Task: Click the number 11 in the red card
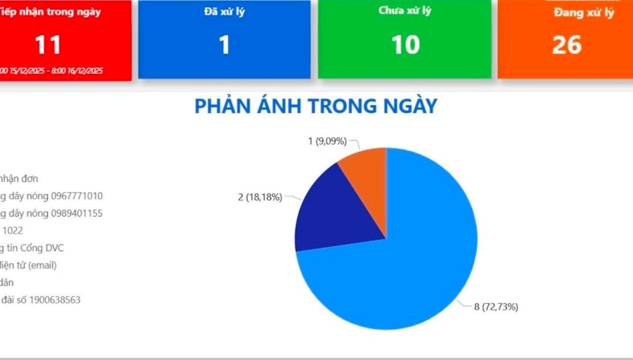pos(48,45)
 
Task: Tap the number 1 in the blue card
pos(224,45)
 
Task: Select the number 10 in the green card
pos(405,45)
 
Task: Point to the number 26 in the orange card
pos(566,45)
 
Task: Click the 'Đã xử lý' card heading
pos(224,11)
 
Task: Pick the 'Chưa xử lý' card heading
pos(405,11)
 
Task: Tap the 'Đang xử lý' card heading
pos(583,13)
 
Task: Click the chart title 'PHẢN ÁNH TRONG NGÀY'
pos(316,106)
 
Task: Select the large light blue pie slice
pos(408,260)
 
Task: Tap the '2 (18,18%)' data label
pos(260,197)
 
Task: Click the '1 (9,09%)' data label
pos(327,141)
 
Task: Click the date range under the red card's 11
pos(51,71)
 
